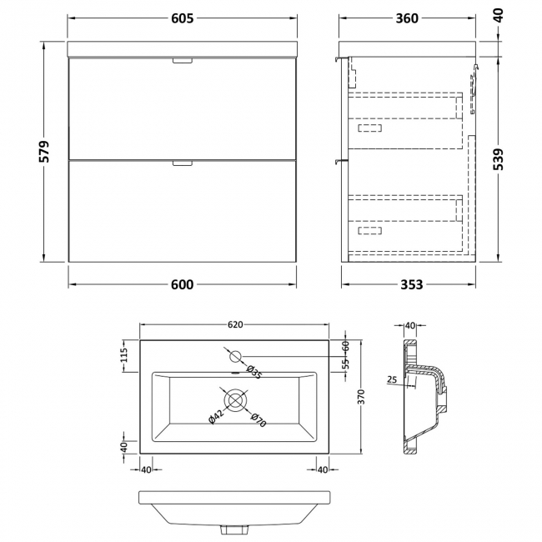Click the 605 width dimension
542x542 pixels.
(x=182, y=18)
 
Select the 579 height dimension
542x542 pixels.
(x=44, y=152)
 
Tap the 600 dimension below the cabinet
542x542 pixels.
(x=182, y=284)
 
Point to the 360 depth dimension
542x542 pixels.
(x=407, y=18)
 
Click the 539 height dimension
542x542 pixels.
(x=498, y=159)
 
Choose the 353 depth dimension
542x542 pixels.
(x=411, y=284)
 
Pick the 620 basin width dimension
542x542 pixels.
(x=235, y=324)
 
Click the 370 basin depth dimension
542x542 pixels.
(x=361, y=397)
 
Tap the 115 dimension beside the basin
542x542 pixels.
(x=124, y=355)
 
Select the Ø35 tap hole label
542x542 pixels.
(x=254, y=372)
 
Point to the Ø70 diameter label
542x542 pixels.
(x=258, y=419)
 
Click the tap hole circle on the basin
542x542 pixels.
(x=236, y=356)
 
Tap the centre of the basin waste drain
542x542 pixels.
(x=236, y=399)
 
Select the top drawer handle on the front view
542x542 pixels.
(x=182, y=61)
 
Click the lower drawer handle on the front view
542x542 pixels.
(x=182, y=163)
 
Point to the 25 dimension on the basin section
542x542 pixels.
(x=392, y=380)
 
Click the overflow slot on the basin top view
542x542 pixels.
(x=235, y=373)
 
